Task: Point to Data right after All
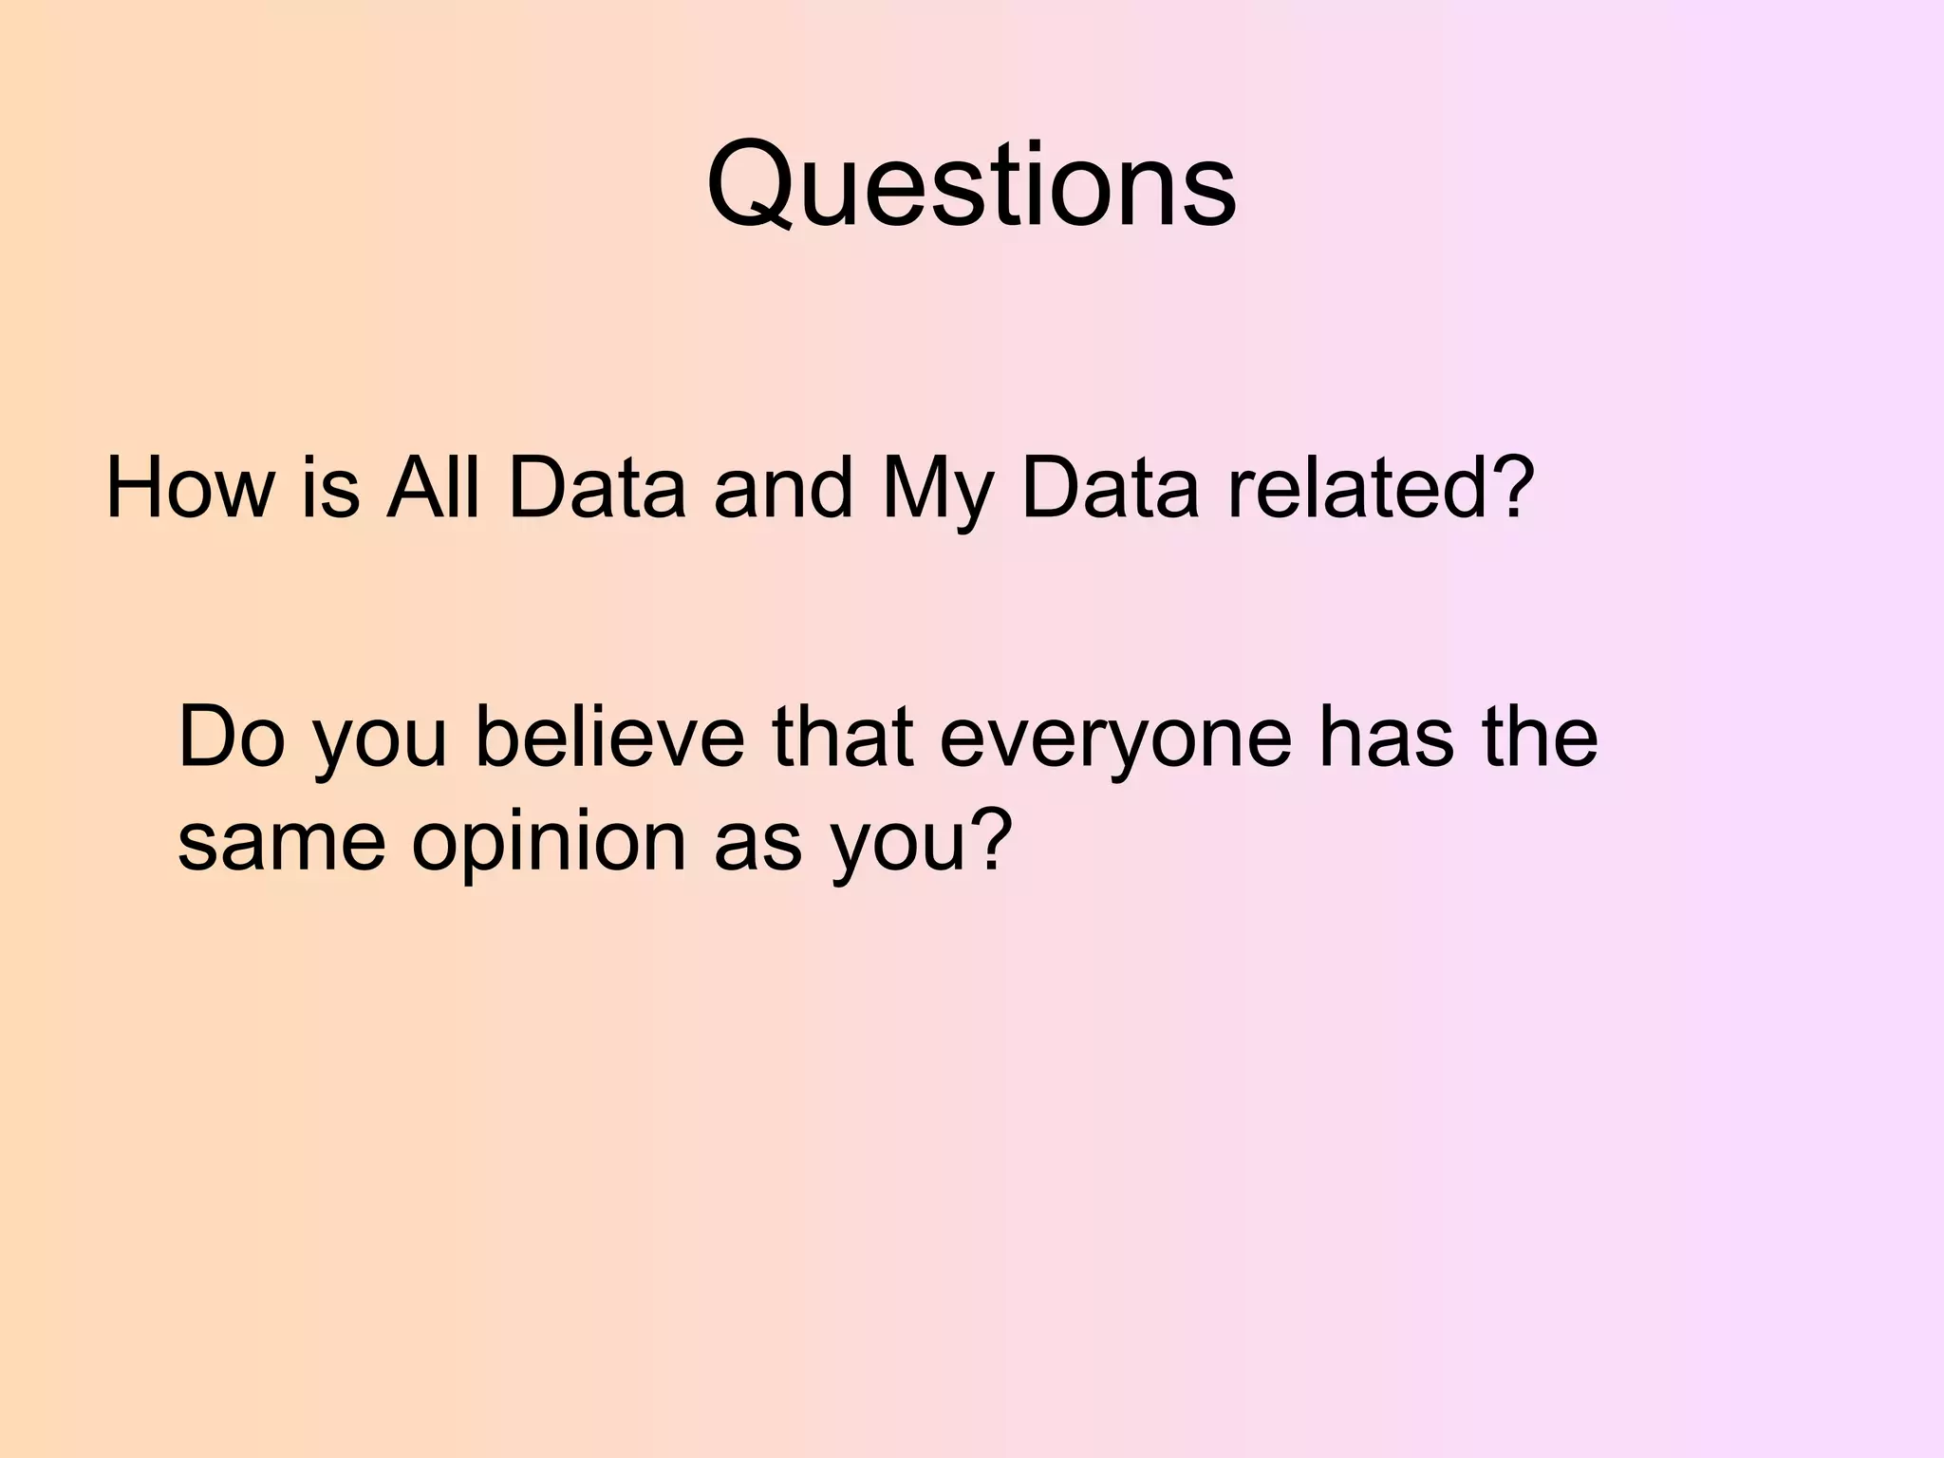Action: point(596,489)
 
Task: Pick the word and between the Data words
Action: point(783,489)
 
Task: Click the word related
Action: point(1355,489)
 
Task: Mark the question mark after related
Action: point(1509,489)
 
